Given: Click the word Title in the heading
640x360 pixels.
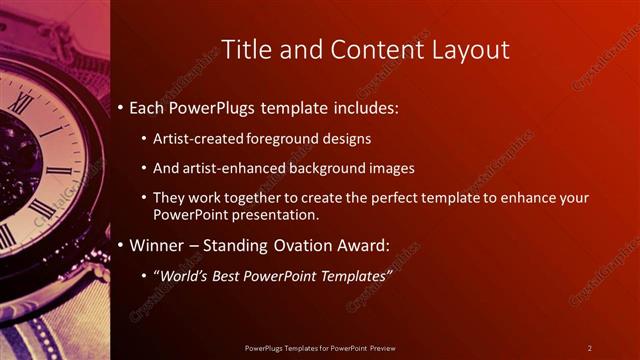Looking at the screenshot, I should pos(243,50).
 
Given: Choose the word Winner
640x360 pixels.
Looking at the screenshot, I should pos(157,245).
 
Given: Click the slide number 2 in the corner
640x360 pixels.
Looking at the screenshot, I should pos(589,348).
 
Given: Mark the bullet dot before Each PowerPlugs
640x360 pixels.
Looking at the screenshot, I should pos(121,107).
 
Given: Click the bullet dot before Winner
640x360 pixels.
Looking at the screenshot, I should pos(121,246).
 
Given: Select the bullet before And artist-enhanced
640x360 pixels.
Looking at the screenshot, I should pos(144,169).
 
